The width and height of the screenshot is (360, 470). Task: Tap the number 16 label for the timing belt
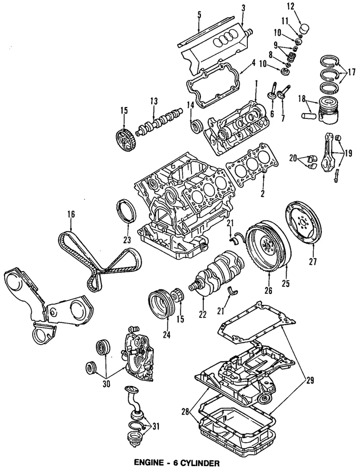(x=71, y=213)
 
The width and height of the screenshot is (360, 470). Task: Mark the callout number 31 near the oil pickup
(x=156, y=426)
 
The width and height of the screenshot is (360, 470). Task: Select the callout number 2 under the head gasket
(x=263, y=194)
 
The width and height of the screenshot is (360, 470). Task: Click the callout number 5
(x=199, y=14)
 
